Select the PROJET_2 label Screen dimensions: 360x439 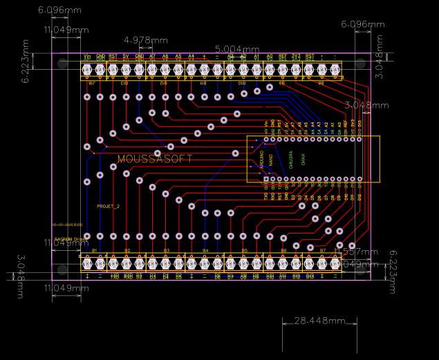tap(108, 207)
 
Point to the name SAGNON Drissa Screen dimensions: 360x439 tap(69, 238)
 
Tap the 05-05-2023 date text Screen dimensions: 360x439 tap(67, 225)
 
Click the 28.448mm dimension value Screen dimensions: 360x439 tap(319, 321)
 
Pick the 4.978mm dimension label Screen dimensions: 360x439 tap(145, 40)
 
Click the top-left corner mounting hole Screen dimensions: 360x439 tap(63, 64)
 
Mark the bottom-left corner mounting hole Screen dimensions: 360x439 tap(63, 269)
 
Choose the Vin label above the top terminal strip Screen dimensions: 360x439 tap(87, 56)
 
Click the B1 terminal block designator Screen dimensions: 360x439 tap(94, 250)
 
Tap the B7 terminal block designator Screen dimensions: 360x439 tap(322, 250)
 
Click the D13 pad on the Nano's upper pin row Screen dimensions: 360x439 tap(359, 139)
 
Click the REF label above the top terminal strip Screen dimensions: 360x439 tap(283, 56)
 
